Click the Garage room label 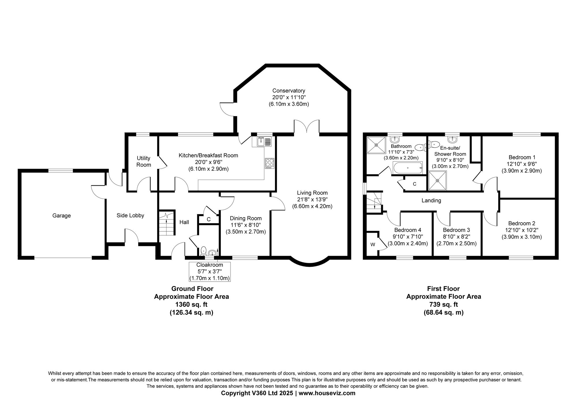pyautogui.click(x=61, y=216)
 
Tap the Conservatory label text pyautogui.click(x=288, y=91)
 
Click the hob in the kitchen pyautogui.click(x=270, y=163)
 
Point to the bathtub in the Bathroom pyautogui.click(x=408, y=167)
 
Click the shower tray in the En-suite pyautogui.click(x=437, y=180)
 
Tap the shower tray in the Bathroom pyautogui.click(x=376, y=145)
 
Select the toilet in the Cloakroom pyautogui.click(x=203, y=251)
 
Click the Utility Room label pyautogui.click(x=143, y=161)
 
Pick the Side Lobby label pyautogui.click(x=130, y=215)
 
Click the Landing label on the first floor pyautogui.click(x=431, y=200)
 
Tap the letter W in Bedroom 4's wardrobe pyautogui.click(x=373, y=245)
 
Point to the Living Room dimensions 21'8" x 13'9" pyautogui.click(x=312, y=200)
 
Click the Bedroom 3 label pyautogui.click(x=456, y=230)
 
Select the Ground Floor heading pyautogui.click(x=192, y=289)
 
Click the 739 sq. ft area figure pyautogui.click(x=443, y=304)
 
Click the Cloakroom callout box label pyautogui.click(x=210, y=265)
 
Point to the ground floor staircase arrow pyautogui.click(x=167, y=223)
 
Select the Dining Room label pyautogui.click(x=246, y=219)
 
